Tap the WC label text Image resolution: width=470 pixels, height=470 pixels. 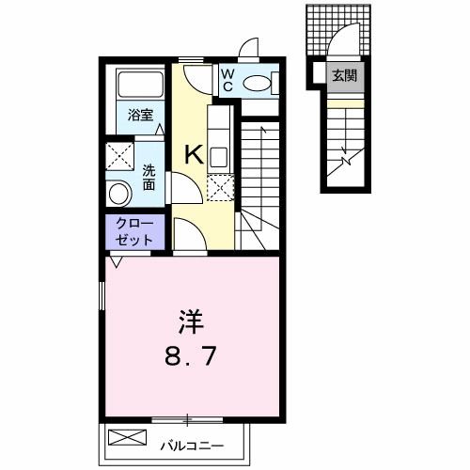(x=227, y=81)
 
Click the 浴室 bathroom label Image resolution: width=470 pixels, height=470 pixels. (x=141, y=115)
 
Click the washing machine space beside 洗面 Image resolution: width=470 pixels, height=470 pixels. (x=118, y=153)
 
